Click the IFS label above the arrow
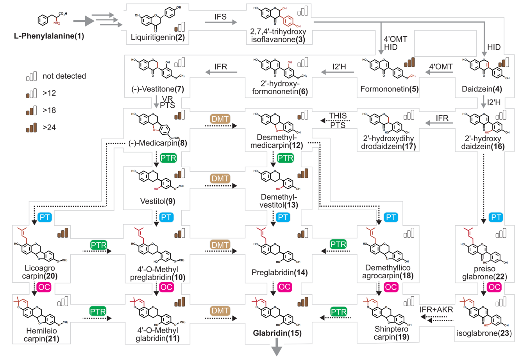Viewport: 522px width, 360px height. (220, 16)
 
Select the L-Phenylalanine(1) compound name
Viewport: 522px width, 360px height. (49, 36)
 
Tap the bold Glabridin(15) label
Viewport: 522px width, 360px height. (277, 333)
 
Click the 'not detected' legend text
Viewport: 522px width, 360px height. (64, 76)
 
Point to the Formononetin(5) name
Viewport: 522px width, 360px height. (389, 89)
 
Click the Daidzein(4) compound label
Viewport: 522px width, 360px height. (482, 89)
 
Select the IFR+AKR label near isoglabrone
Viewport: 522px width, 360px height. (436, 310)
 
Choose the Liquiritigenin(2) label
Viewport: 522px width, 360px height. (157, 38)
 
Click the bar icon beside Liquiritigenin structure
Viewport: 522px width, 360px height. (180, 27)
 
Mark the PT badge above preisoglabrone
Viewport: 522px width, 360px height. (496, 217)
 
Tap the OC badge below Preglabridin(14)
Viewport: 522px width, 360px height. (284, 287)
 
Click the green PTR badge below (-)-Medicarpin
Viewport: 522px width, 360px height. (168, 158)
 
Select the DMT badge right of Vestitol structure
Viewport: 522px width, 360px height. (220, 179)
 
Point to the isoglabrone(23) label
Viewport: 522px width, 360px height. (484, 333)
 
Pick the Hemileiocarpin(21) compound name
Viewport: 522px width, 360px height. (41, 335)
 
